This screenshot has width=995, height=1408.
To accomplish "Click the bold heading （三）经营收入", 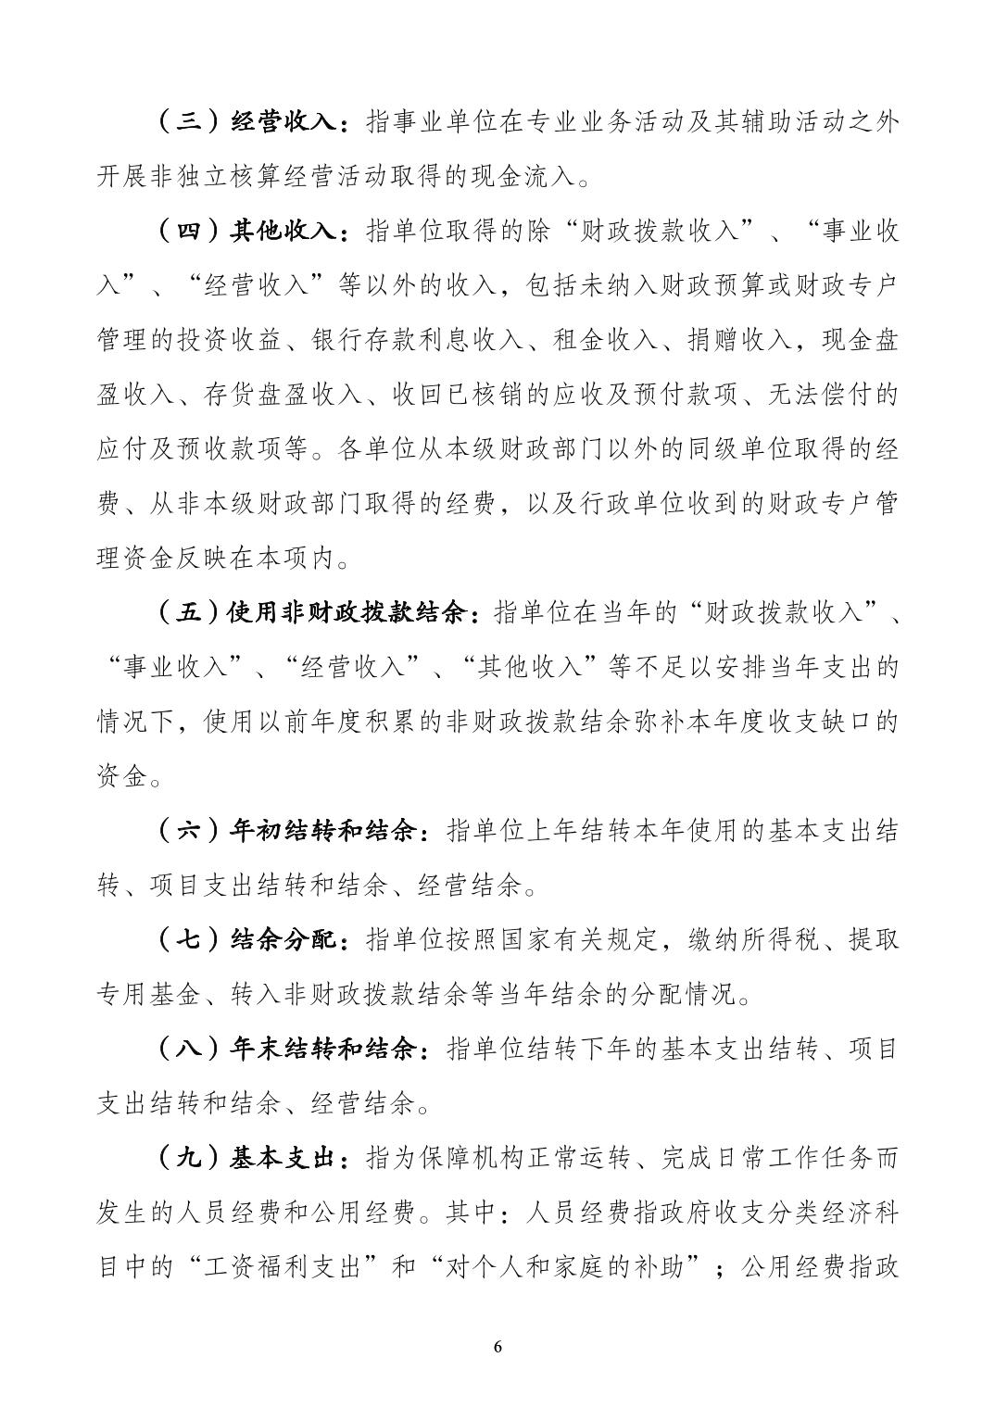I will pyautogui.click(x=250, y=122).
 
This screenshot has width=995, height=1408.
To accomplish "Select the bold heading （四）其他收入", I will pyautogui.click(x=250, y=232).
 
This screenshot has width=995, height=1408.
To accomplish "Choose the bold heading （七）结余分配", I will pyautogui.click(x=250, y=941).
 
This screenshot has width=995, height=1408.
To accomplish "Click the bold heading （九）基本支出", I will pyautogui.click(x=250, y=1160).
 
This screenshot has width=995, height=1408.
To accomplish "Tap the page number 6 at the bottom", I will pyautogui.click(x=497, y=1347).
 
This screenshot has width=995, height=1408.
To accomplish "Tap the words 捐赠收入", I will pyautogui.click(x=738, y=341).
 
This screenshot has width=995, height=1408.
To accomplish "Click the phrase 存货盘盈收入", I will pyautogui.click(x=296, y=396).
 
